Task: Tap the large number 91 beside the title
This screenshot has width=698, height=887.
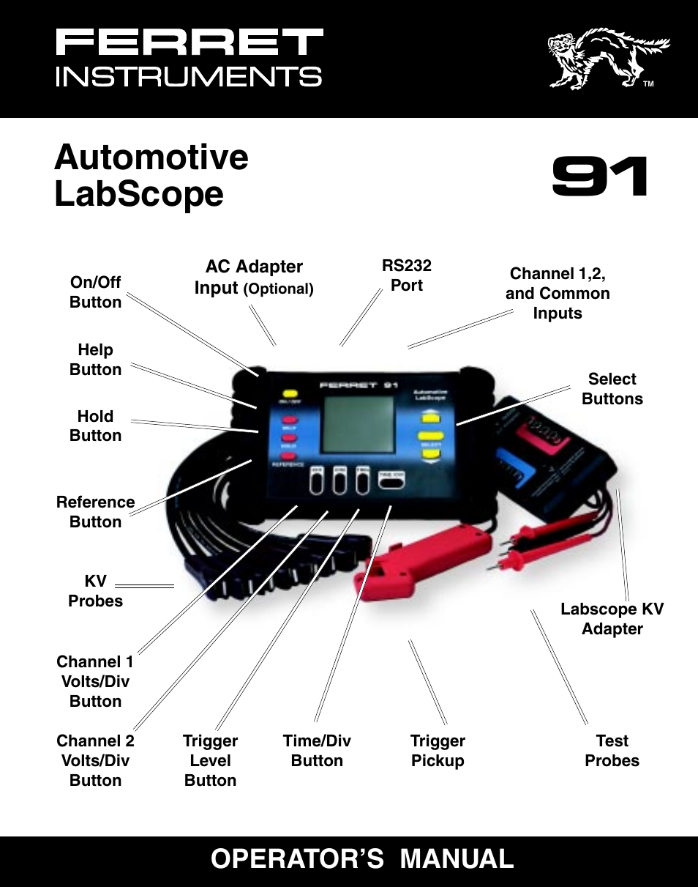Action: (x=600, y=177)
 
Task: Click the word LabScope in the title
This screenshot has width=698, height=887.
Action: (x=139, y=194)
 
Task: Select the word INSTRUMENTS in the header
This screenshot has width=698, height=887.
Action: (x=189, y=77)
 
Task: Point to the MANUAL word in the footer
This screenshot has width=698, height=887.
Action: (x=457, y=858)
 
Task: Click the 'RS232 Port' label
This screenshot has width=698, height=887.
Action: (x=407, y=275)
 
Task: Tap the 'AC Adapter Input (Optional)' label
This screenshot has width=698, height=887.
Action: (x=254, y=278)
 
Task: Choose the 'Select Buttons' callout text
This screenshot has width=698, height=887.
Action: (x=612, y=389)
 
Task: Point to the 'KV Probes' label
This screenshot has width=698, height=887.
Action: (x=95, y=591)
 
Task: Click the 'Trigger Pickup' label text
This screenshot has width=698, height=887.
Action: (x=438, y=751)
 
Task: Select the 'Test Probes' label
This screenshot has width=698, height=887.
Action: (x=612, y=751)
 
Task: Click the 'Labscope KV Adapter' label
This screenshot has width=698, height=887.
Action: (x=612, y=619)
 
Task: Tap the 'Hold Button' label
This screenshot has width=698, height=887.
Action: (x=95, y=426)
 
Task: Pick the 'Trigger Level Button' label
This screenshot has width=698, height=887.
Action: (x=210, y=760)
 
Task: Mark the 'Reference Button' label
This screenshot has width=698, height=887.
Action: (x=95, y=512)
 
